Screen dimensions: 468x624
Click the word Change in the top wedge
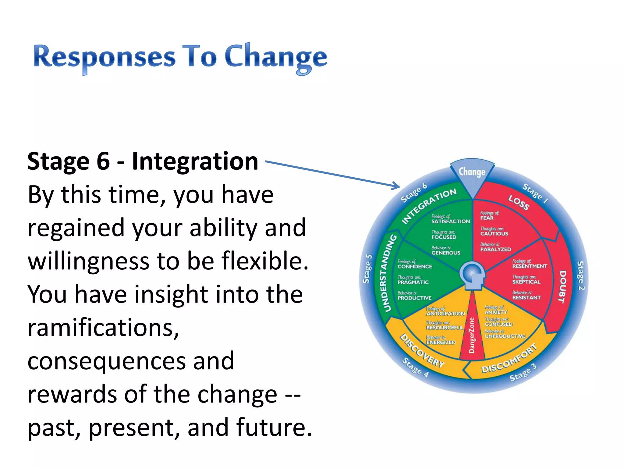coord(472,172)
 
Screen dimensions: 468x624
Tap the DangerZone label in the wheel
coord(472,335)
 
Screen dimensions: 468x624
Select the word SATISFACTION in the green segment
coord(450,222)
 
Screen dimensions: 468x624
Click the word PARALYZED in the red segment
coord(495,249)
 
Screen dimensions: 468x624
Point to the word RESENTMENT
coord(530,266)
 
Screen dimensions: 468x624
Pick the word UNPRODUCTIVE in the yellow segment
coord(505,336)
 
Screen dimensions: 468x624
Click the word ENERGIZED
coord(441,342)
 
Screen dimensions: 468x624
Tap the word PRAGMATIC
coord(413,282)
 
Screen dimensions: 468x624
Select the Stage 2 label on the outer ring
coord(581,275)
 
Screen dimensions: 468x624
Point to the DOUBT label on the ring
coord(562,286)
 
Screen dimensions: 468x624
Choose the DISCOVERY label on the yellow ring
coord(422,351)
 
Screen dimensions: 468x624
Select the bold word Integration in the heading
coord(195,161)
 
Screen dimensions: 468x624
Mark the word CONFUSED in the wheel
coord(498,324)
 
